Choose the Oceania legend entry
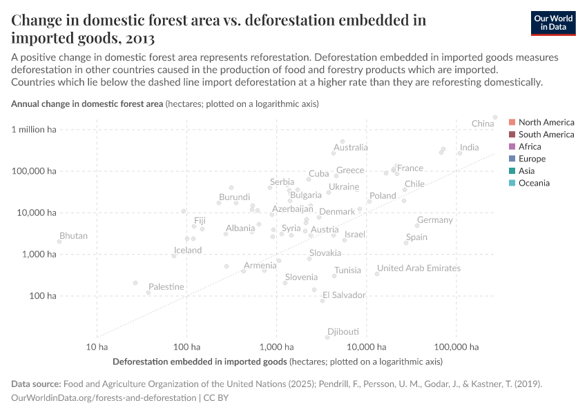click(x=535, y=183)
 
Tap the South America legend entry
click(x=546, y=135)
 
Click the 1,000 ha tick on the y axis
click(x=41, y=254)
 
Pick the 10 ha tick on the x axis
click(x=97, y=346)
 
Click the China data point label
click(x=483, y=124)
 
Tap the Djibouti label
click(x=343, y=331)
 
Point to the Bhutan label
click(x=73, y=236)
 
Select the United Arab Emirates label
click(x=418, y=268)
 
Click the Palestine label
click(x=166, y=286)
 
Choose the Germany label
click(x=434, y=220)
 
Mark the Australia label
click(x=350, y=148)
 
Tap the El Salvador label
click(x=344, y=295)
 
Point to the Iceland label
click(x=187, y=250)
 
